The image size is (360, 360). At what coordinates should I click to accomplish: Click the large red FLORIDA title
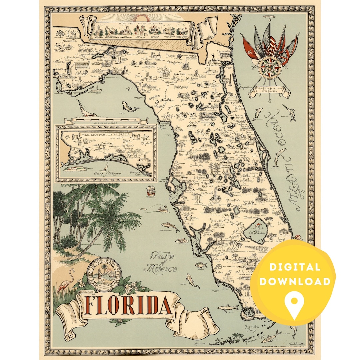coord(128,306)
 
